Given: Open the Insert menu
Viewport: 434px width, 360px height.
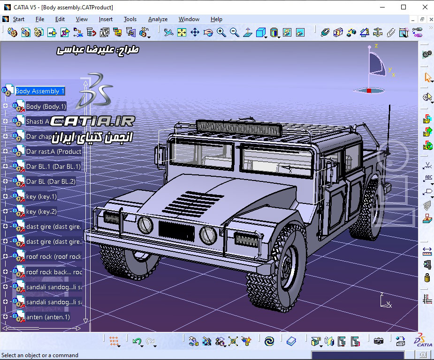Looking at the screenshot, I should click(106, 19).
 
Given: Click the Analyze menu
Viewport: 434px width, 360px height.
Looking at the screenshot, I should click(158, 19).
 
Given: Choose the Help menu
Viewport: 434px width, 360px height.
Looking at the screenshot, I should click(216, 19).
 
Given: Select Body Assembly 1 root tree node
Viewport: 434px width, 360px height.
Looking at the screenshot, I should click(40, 91).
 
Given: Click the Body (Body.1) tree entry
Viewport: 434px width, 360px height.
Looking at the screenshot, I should click(46, 106).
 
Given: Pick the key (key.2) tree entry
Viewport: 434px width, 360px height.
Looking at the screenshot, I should click(41, 211).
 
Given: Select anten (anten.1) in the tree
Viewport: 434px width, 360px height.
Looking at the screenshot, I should click(48, 317).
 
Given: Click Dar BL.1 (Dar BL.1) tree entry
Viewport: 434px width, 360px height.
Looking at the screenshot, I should click(53, 166).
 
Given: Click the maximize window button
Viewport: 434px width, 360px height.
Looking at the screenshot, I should click(404, 7).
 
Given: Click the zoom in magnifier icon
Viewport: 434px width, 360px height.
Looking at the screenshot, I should click(221, 32).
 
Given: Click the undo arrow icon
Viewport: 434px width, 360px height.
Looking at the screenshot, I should click(137, 341).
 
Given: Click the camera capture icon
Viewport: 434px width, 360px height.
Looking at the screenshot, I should click(379, 341).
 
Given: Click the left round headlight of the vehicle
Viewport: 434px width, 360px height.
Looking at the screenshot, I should click(145, 225).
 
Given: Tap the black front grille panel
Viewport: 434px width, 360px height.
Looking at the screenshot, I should click(176, 230).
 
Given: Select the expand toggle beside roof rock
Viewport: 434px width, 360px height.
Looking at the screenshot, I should click(5, 257).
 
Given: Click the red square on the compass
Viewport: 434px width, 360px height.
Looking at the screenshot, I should click(369, 90).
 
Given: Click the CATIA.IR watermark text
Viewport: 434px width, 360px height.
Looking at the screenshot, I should click(92, 121).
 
